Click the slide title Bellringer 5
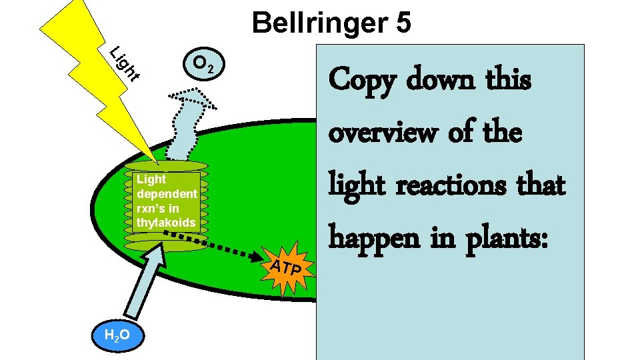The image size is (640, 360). [331, 23]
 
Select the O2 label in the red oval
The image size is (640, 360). [203, 64]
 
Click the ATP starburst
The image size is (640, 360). [288, 268]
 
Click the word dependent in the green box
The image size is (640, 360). [166, 193]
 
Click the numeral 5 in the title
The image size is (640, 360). [403, 23]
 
